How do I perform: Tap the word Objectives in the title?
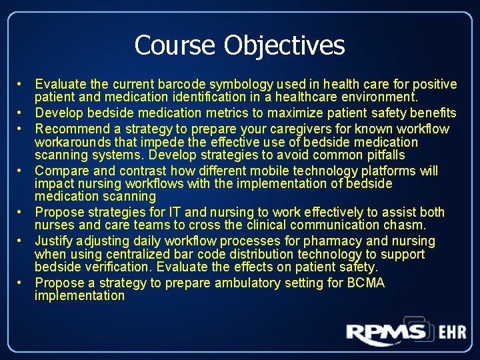(284, 45)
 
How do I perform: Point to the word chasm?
(406, 225)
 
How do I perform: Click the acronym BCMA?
(365, 283)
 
